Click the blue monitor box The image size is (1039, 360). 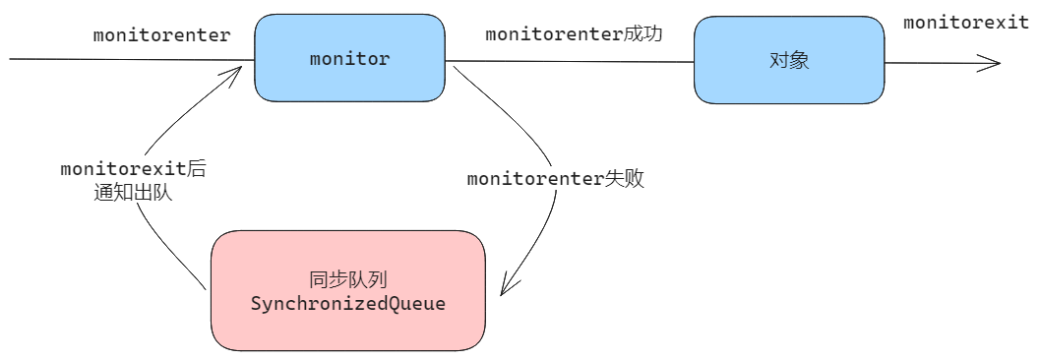pyautogui.click(x=350, y=58)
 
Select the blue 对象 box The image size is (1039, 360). pyautogui.click(x=789, y=60)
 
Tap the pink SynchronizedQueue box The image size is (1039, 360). pyautogui.click(x=348, y=290)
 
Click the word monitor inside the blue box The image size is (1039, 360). pyautogui.click(x=350, y=58)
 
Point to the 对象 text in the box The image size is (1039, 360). pyautogui.click(x=789, y=61)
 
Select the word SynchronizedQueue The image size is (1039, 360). pyautogui.click(x=348, y=304)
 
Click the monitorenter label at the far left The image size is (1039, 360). pyautogui.click(x=161, y=35)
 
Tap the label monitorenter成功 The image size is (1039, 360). pyautogui.click(x=574, y=34)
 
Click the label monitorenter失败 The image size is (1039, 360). pyautogui.click(x=556, y=179)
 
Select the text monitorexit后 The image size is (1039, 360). pyautogui.click(x=133, y=169)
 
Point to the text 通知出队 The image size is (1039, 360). pyautogui.click(x=133, y=194)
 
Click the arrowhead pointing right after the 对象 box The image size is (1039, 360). pyautogui.click(x=991, y=64)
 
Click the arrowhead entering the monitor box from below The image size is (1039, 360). pyautogui.click(x=233, y=72)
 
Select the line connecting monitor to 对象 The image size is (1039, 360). pyautogui.click(x=570, y=62)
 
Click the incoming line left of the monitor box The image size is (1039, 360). pyautogui.click(x=133, y=59)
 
